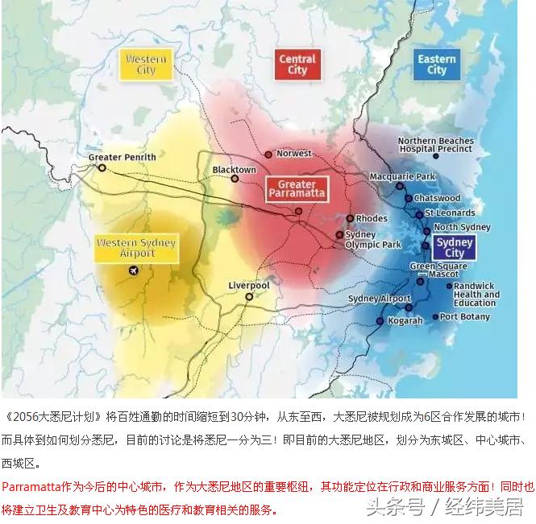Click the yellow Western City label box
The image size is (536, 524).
coord(146,64)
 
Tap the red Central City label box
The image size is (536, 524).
coord(297,64)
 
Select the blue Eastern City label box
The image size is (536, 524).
coord(437,64)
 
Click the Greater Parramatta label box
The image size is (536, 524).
coord(297,189)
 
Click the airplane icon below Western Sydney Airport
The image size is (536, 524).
coord(133,270)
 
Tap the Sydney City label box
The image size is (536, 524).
coord(455,248)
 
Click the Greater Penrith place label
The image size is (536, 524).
coord(123,157)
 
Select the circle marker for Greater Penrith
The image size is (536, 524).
coord(102,168)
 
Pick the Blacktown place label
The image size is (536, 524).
coord(234,170)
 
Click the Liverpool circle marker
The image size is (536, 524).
coord(249,296)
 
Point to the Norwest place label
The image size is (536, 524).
coord(293,153)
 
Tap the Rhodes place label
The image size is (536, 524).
coord(372,218)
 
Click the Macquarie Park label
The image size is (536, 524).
coord(402,176)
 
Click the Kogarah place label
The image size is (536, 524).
coord(405,320)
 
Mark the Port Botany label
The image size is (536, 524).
coord(464,316)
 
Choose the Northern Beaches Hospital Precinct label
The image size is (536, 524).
coord(436,145)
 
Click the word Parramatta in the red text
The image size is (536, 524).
coord(26,487)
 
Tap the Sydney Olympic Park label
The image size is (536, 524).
coord(373,240)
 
